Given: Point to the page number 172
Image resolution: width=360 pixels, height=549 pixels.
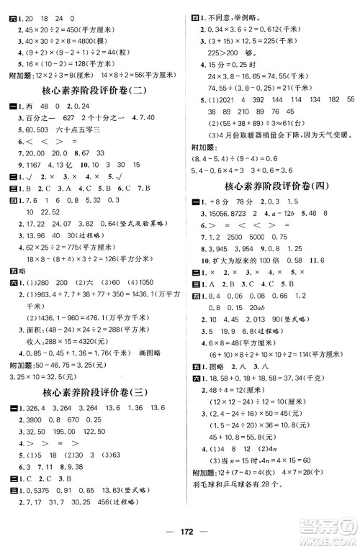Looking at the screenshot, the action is coord(180,537).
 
